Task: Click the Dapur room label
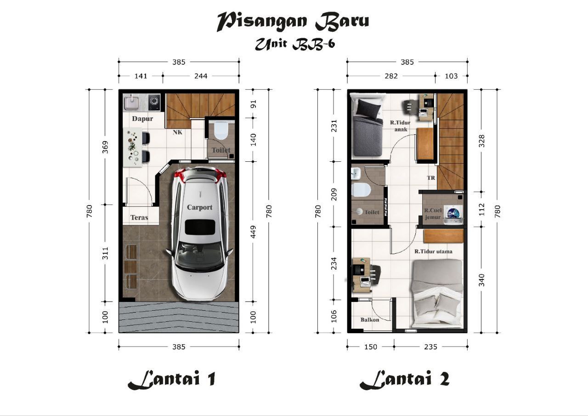[x=142, y=119]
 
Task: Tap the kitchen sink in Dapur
[x=132, y=103]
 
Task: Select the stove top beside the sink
[x=154, y=102]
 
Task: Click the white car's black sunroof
[x=200, y=228]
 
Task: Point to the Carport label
[x=199, y=207]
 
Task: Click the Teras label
[x=139, y=217]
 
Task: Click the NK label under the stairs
[x=177, y=132]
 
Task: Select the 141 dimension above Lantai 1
[x=141, y=76]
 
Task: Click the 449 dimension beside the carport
[x=253, y=232]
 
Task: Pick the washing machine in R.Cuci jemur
[x=453, y=215]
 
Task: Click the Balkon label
[x=370, y=319]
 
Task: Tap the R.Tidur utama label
[x=433, y=251]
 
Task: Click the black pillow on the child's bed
[x=369, y=109]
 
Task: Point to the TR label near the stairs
[x=431, y=178]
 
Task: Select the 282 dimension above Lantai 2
[x=391, y=76]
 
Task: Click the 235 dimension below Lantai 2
[x=431, y=347]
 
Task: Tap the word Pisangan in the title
[x=262, y=21]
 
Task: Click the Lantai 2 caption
[x=405, y=380]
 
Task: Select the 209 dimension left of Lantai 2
[x=334, y=194]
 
